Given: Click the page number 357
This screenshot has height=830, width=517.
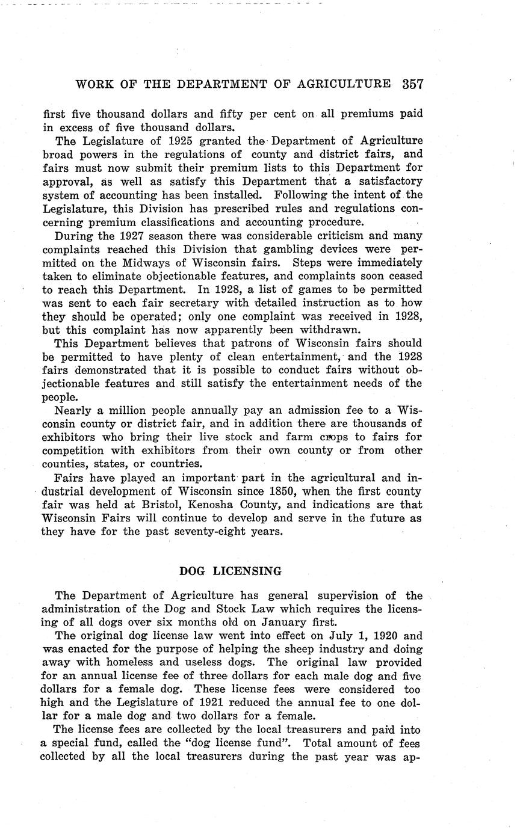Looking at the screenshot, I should click(412, 85).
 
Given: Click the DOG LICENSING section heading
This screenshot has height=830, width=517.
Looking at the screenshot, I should click(231, 571).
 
